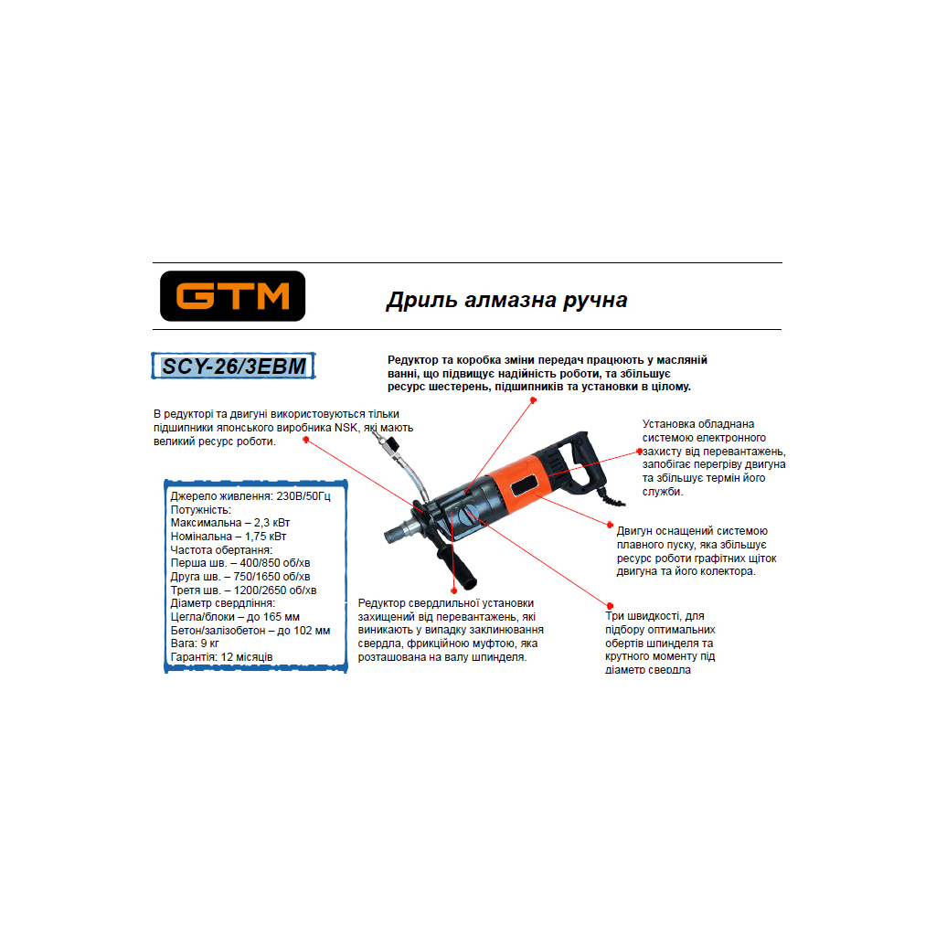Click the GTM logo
point(232,296)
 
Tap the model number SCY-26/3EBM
point(233,366)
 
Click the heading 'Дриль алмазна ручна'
point(506,300)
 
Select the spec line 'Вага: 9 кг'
point(195,643)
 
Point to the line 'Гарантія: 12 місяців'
point(221,657)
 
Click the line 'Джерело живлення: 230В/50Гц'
point(250,496)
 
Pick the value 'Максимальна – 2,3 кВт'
point(229,523)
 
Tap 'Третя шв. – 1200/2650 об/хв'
point(243,590)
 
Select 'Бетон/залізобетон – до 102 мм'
point(250,631)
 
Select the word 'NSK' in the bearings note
point(346,428)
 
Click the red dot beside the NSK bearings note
point(305,440)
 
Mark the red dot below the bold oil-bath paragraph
point(533,400)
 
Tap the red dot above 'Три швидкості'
point(610,606)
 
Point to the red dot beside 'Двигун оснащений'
point(610,525)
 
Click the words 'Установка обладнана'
point(698,424)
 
